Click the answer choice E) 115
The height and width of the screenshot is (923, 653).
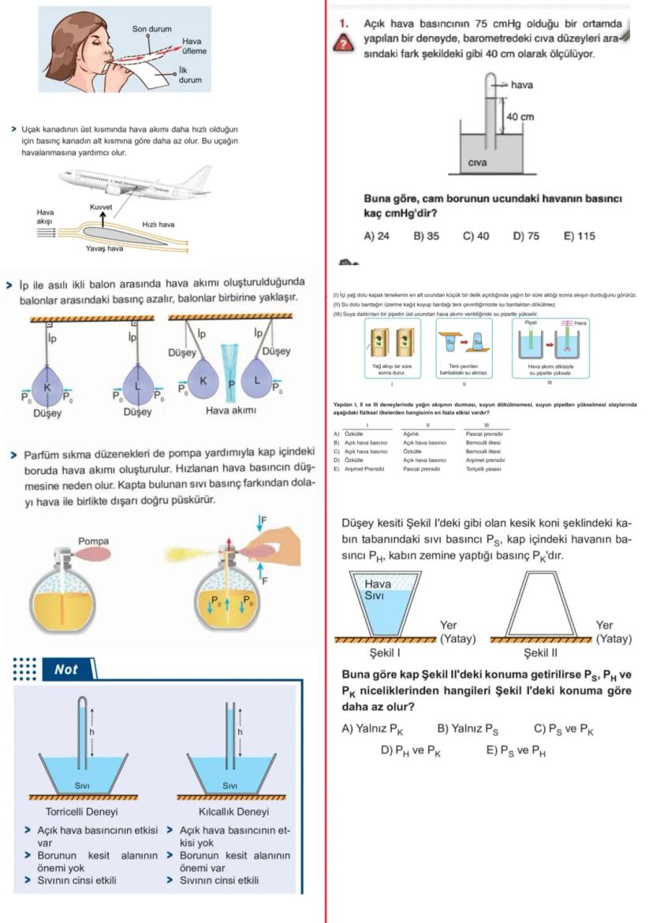[x=579, y=236]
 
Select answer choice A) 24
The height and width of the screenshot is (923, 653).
[x=376, y=236]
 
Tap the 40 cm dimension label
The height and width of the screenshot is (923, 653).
[x=520, y=117]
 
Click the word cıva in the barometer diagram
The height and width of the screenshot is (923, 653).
[x=479, y=163]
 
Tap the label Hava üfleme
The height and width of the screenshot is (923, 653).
[x=193, y=46]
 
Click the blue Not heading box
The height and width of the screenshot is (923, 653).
[x=67, y=669]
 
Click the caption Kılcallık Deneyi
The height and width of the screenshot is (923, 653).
[x=234, y=811]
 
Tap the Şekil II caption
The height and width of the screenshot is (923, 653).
[x=540, y=653]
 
